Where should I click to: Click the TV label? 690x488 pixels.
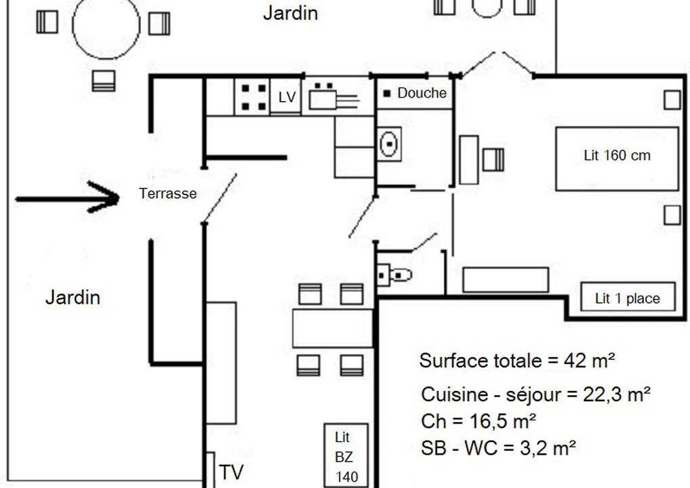tap(231, 472)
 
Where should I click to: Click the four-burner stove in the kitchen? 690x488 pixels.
tap(252, 97)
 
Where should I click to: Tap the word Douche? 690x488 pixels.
tap(422, 93)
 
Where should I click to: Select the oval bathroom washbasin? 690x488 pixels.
tap(389, 144)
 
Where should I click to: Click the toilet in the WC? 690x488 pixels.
tap(394, 275)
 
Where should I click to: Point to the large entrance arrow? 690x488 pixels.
tap(67, 198)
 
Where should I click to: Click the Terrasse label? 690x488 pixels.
tap(167, 193)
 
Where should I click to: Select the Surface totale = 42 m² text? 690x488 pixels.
tap(517, 361)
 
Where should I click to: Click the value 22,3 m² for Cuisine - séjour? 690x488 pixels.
tap(617, 394)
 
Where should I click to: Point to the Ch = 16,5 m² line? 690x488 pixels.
tap(479, 421)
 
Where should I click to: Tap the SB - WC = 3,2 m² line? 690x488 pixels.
tap(499, 448)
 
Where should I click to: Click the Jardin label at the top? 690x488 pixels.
tap(290, 13)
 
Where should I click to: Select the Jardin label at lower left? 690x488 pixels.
tap(73, 298)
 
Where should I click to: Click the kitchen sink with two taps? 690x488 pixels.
tap(333, 97)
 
